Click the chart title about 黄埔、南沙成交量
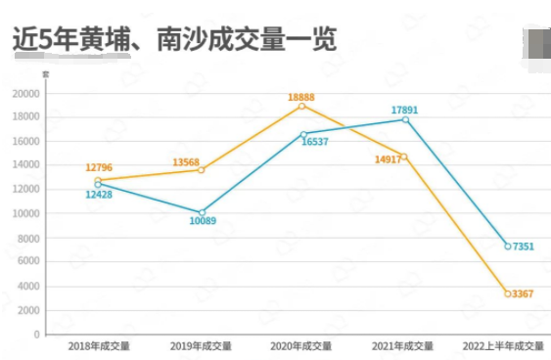[174, 38]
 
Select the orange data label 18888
[300, 97]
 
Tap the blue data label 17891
[404, 111]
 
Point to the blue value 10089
[202, 221]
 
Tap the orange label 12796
[99, 169]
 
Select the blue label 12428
[99, 194]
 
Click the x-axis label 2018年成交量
[98, 346]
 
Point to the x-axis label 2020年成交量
[301, 346]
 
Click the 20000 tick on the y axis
[25, 94]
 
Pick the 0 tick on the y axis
[37, 335]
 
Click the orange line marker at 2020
[301, 106]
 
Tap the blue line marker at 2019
[202, 212]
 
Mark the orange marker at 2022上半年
[507, 293]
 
